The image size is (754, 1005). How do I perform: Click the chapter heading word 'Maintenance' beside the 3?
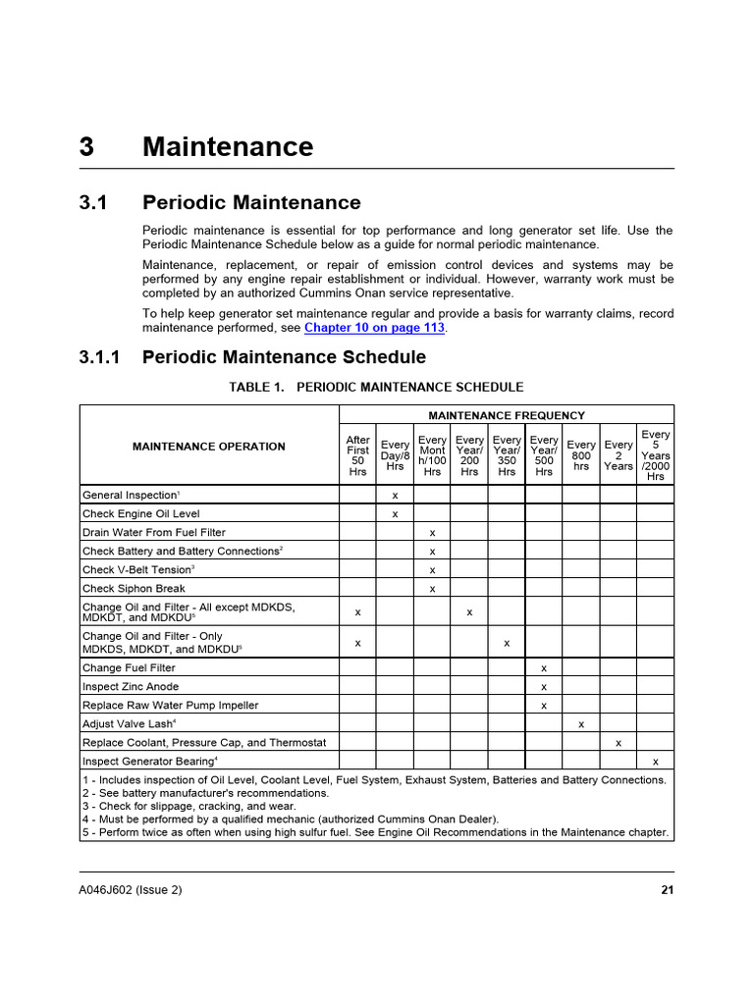(x=228, y=147)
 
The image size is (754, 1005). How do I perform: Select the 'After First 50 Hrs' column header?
(x=357, y=456)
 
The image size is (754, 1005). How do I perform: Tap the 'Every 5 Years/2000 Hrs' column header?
(x=655, y=455)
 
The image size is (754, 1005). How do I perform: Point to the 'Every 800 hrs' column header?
(x=581, y=455)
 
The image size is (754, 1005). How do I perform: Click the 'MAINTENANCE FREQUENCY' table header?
(x=507, y=415)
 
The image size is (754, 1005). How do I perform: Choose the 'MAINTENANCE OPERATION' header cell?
(x=209, y=447)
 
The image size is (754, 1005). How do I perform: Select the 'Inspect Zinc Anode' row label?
(x=131, y=686)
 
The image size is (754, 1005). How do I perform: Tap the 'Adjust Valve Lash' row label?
(x=129, y=723)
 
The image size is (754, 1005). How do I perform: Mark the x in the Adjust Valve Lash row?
(x=581, y=724)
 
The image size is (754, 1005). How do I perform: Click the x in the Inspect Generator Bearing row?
(x=656, y=762)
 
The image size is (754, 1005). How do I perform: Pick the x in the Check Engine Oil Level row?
(x=395, y=514)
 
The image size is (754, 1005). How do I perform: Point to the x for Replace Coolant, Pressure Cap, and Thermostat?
(x=619, y=743)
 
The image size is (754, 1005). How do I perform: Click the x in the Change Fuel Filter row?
(x=544, y=668)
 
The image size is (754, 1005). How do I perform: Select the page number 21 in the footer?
(x=667, y=890)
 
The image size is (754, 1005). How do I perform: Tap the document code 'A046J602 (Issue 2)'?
(x=131, y=890)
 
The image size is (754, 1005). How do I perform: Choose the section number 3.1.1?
(x=99, y=357)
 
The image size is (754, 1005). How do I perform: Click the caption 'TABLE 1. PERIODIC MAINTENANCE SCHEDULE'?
(x=376, y=388)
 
